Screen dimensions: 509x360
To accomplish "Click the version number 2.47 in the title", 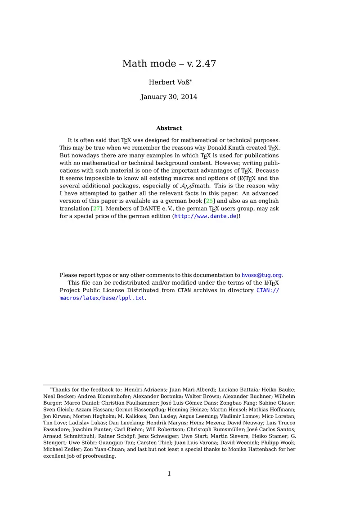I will coord(206,64).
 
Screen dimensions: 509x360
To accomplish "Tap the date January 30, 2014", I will coord(169,97).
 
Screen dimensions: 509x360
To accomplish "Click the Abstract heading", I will coord(169,128).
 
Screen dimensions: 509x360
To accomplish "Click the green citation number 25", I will coord(210,201).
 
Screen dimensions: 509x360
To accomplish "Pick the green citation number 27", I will coord(96,209).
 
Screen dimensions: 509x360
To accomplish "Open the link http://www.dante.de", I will coord(205,216).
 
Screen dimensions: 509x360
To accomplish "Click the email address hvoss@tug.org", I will coord(261,275).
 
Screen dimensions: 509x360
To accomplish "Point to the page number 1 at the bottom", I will coord(169,473).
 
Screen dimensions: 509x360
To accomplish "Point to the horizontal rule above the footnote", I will coord(93,385).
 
